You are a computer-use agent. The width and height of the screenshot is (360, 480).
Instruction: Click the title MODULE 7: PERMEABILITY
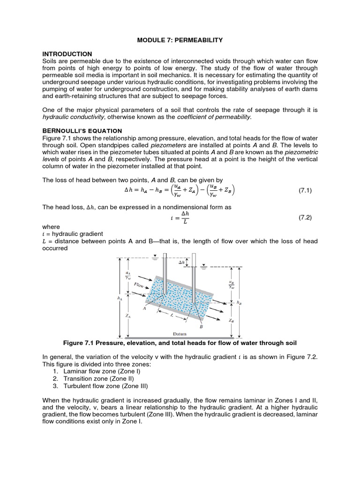pos(180,41)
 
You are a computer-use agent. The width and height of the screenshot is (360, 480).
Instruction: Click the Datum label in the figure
pos(180,334)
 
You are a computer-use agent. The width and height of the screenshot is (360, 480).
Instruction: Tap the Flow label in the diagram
pos(139,285)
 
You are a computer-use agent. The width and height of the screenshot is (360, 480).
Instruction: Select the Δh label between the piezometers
pos(181,263)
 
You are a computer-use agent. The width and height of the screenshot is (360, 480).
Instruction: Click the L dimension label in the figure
pos(172,316)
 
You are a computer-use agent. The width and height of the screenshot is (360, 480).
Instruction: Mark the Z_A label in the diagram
pos(127,316)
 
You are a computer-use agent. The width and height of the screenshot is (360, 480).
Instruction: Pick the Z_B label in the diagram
pos(231,321)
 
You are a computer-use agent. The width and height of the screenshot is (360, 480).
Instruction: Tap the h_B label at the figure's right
pos(240,302)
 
